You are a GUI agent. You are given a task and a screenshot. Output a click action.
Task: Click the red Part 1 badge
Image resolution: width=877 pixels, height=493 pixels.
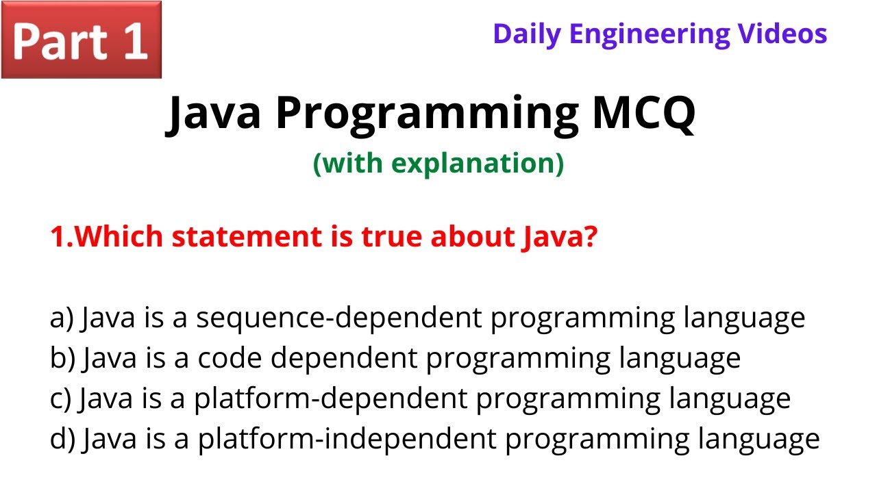[x=81, y=40]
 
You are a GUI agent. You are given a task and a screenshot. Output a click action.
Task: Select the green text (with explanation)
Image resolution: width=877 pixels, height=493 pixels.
[x=438, y=164]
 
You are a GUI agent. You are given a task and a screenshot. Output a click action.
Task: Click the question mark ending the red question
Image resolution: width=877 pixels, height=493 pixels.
[x=591, y=238]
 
